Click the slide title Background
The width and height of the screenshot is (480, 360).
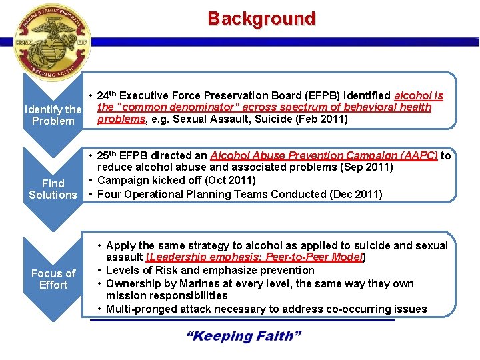tap(261, 18)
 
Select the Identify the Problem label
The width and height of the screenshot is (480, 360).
tap(53, 114)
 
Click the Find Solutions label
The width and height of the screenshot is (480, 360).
tap(53, 189)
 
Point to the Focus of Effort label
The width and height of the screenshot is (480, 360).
tap(53, 279)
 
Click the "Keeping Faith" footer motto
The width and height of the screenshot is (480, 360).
tap(244, 335)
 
